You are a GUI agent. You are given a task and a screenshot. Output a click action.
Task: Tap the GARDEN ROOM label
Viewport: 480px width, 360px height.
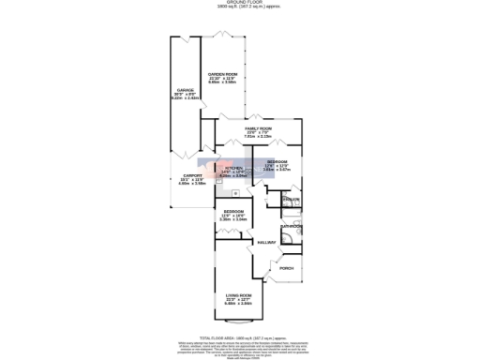click(222, 74)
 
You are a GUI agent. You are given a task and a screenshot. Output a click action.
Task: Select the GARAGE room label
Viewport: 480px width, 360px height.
click(183, 90)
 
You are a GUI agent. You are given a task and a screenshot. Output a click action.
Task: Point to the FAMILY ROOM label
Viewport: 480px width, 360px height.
click(258, 128)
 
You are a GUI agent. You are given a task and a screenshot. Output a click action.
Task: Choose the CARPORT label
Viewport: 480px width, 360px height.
click(192, 175)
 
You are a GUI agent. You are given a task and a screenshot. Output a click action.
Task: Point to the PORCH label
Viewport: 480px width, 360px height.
click(286, 268)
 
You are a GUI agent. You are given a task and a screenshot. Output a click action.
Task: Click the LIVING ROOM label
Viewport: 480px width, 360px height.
click(239, 295)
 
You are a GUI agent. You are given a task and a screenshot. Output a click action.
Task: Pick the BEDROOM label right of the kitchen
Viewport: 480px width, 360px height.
click(277, 161)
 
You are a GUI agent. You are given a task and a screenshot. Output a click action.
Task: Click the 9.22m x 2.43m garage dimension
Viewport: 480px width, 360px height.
click(183, 97)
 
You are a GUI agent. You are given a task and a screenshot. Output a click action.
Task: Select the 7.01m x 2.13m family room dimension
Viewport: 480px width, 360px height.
click(258, 136)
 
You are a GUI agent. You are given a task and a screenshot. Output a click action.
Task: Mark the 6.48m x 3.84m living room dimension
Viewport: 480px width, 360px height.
click(239, 303)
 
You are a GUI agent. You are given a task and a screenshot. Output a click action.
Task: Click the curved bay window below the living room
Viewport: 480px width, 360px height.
click(239, 322)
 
